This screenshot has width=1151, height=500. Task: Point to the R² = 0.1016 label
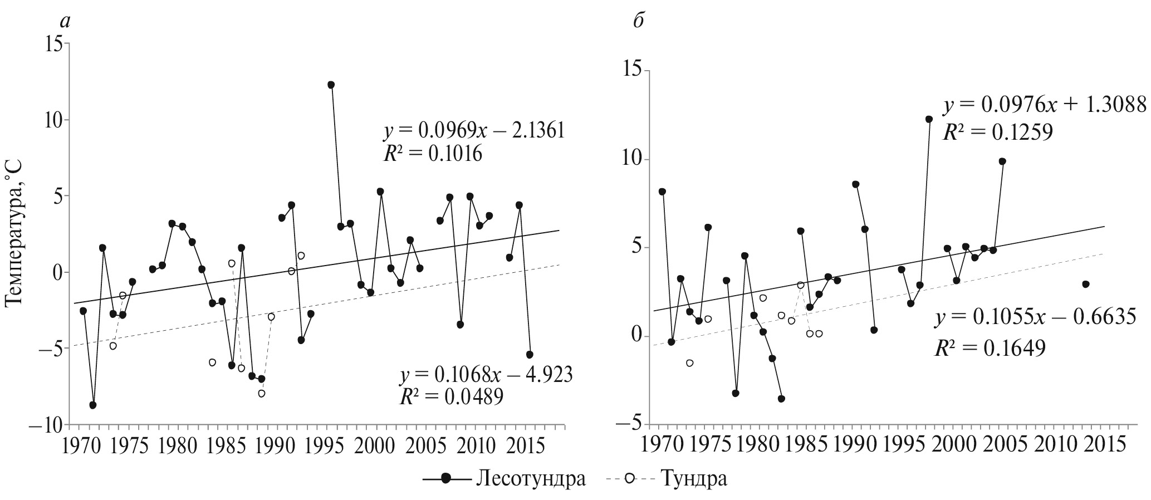point(433,153)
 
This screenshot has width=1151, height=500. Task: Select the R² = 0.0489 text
point(451,396)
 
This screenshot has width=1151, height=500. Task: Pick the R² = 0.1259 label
point(997,131)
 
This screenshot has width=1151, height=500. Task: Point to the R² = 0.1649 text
point(990,348)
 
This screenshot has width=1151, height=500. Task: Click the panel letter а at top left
point(66,21)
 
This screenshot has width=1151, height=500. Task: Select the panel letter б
point(639,21)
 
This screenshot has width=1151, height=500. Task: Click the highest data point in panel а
point(331,85)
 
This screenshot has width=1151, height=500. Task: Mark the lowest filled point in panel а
point(93,405)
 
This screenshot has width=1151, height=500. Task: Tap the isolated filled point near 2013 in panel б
point(1085,284)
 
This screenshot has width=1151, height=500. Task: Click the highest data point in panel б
point(929,119)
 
